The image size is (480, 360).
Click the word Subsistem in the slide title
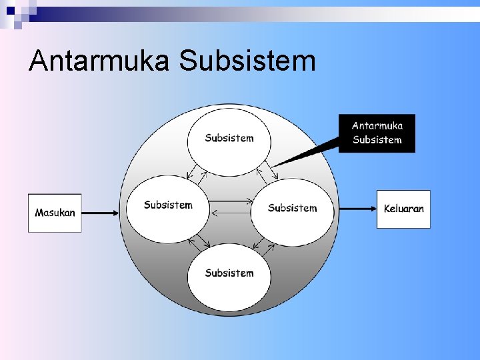click(x=247, y=61)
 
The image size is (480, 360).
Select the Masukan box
click(x=55, y=213)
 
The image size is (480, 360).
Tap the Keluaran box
click(x=403, y=209)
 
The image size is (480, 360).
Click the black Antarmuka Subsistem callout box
click(x=377, y=133)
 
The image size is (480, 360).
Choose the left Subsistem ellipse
click(x=168, y=209)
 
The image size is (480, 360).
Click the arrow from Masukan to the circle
click(x=100, y=213)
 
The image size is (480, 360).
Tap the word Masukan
click(x=55, y=213)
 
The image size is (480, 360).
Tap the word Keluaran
click(x=403, y=209)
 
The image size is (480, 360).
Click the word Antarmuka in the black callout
click(x=377, y=126)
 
